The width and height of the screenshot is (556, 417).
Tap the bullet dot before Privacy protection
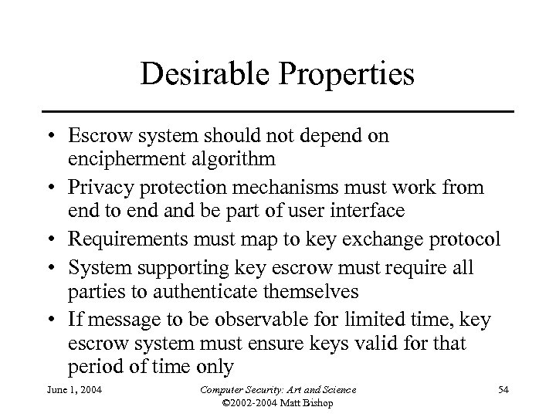(x=57, y=186)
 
